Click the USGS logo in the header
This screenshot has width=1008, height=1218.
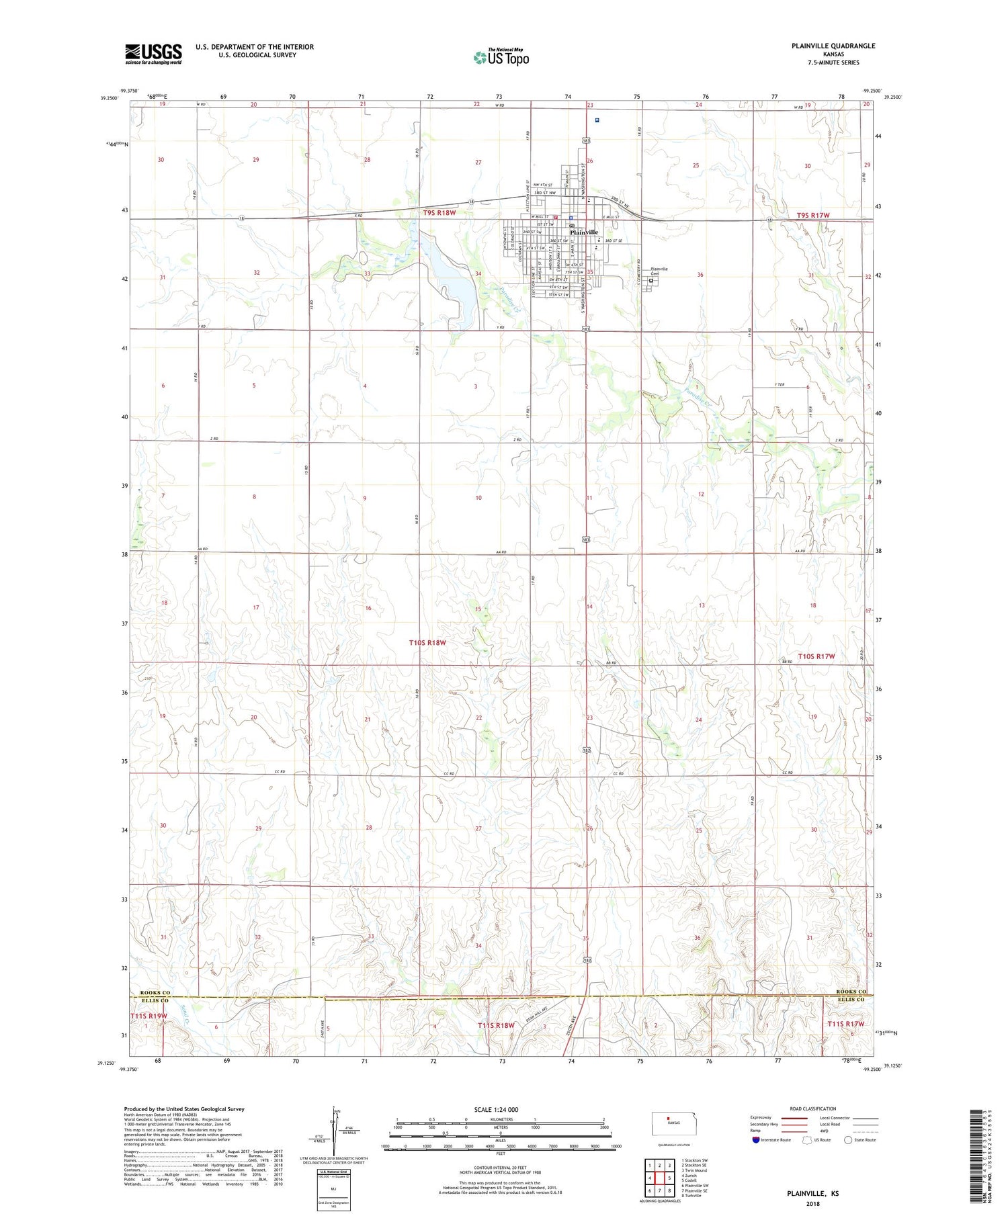[153, 54]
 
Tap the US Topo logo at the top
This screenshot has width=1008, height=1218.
[501, 58]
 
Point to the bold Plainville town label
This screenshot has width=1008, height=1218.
[583, 232]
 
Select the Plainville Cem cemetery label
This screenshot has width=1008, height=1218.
[659, 271]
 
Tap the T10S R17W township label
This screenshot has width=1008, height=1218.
[816, 656]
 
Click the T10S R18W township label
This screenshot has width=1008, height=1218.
[427, 643]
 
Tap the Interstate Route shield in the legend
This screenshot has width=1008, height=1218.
[756, 1140]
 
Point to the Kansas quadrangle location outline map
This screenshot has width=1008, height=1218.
[670, 1123]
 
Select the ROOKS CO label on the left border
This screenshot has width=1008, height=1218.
[155, 993]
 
